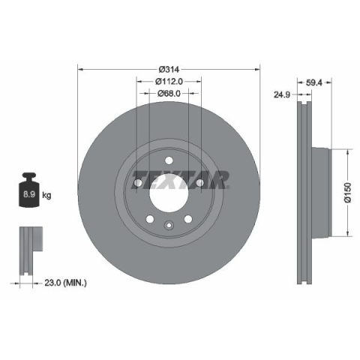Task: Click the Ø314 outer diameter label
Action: tap(169, 69)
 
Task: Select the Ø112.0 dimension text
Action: tap(169, 81)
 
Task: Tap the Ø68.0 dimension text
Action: tap(169, 94)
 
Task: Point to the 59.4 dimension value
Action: tap(314, 82)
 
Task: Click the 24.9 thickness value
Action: tap(282, 94)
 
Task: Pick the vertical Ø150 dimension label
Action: tap(348, 193)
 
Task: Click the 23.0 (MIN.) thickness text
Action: tap(65, 283)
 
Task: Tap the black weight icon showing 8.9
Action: tap(29, 190)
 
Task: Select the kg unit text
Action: tap(46, 195)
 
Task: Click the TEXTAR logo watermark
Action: tap(180, 180)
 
